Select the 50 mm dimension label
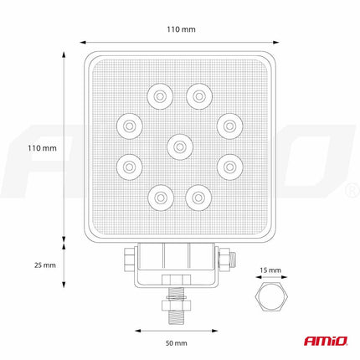coord(176,343)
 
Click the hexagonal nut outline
coord(270,298)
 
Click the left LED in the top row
coord(157,96)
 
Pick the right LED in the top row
coord(198,96)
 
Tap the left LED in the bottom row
coord(157,197)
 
